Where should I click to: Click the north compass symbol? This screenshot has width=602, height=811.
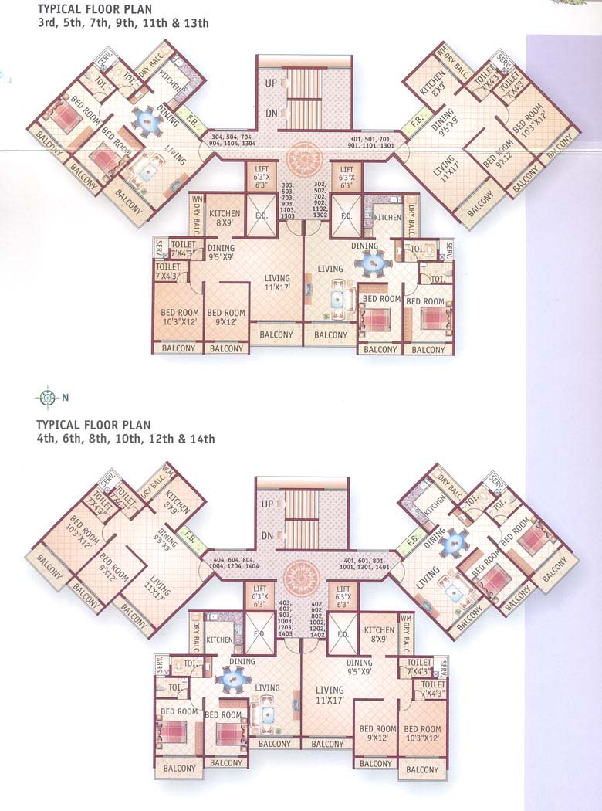pos(46,398)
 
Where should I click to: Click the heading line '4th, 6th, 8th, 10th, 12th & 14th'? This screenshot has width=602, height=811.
pos(125,439)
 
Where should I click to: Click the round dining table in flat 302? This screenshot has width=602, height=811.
pos(367,262)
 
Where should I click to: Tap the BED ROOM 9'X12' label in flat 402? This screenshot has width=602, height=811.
pos(377,734)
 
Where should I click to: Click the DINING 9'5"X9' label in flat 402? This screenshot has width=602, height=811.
pos(358,667)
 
